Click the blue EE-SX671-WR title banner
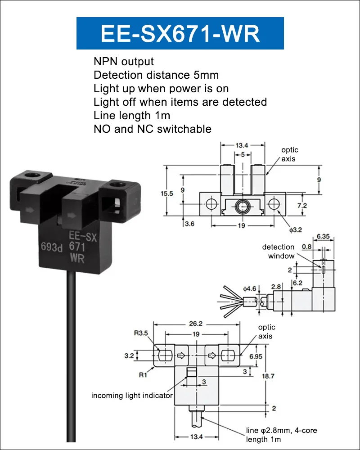(x=180, y=33)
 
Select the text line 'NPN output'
(x=123, y=61)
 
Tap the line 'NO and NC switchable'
(x=153, y=129)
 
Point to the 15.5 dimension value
(x=167, y=193)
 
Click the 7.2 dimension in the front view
(x=302, y=206)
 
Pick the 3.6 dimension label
(x=189, y=224)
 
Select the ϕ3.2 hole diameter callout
(x=295, y=230)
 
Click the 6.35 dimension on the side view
(x=323, y=237)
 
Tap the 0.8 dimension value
(x=306, y=247)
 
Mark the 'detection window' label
(x=278, y=252)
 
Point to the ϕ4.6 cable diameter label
(x=249, y=288)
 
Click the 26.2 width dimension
(x=196, y=324)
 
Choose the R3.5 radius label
(x=141, y=333)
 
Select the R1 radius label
(x=143, y=375)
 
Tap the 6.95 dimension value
(x=256, y=356)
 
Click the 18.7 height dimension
(x=268, y=376)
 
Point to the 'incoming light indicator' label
(x=132, y=396)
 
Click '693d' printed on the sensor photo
(x=52, y=247)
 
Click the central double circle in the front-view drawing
(x=243, y=206)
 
